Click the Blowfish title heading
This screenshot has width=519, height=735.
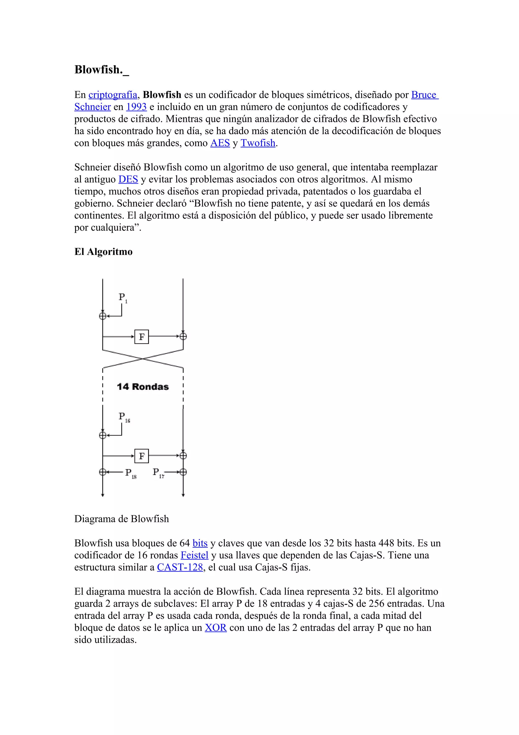tap(101, 69)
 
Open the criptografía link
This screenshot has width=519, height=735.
tap(113, 95)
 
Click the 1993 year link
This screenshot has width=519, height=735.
tap(136, 107)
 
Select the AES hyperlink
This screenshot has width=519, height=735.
tap(220, 143)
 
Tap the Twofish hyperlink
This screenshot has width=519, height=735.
tap(258, 143)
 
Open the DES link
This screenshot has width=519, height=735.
tap(128, 179)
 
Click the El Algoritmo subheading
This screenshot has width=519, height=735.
tap(103, 252)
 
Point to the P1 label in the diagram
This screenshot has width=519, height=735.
tap(122, 297)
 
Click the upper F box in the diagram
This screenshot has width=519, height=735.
tap(142, 337)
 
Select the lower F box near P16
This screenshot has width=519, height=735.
tap(142, 456)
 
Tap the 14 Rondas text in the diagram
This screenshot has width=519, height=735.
tap(143, 387)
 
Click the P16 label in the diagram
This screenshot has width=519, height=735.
tap(124, 417)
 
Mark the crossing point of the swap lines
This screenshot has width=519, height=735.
tap(143, 359)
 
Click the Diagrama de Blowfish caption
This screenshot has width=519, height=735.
tap(122, 519)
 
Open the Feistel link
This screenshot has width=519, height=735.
tap(194, 555)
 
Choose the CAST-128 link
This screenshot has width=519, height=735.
tap(180, 567)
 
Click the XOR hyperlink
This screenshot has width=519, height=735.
tap(215, 627)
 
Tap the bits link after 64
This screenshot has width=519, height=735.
tap(200, 543)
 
